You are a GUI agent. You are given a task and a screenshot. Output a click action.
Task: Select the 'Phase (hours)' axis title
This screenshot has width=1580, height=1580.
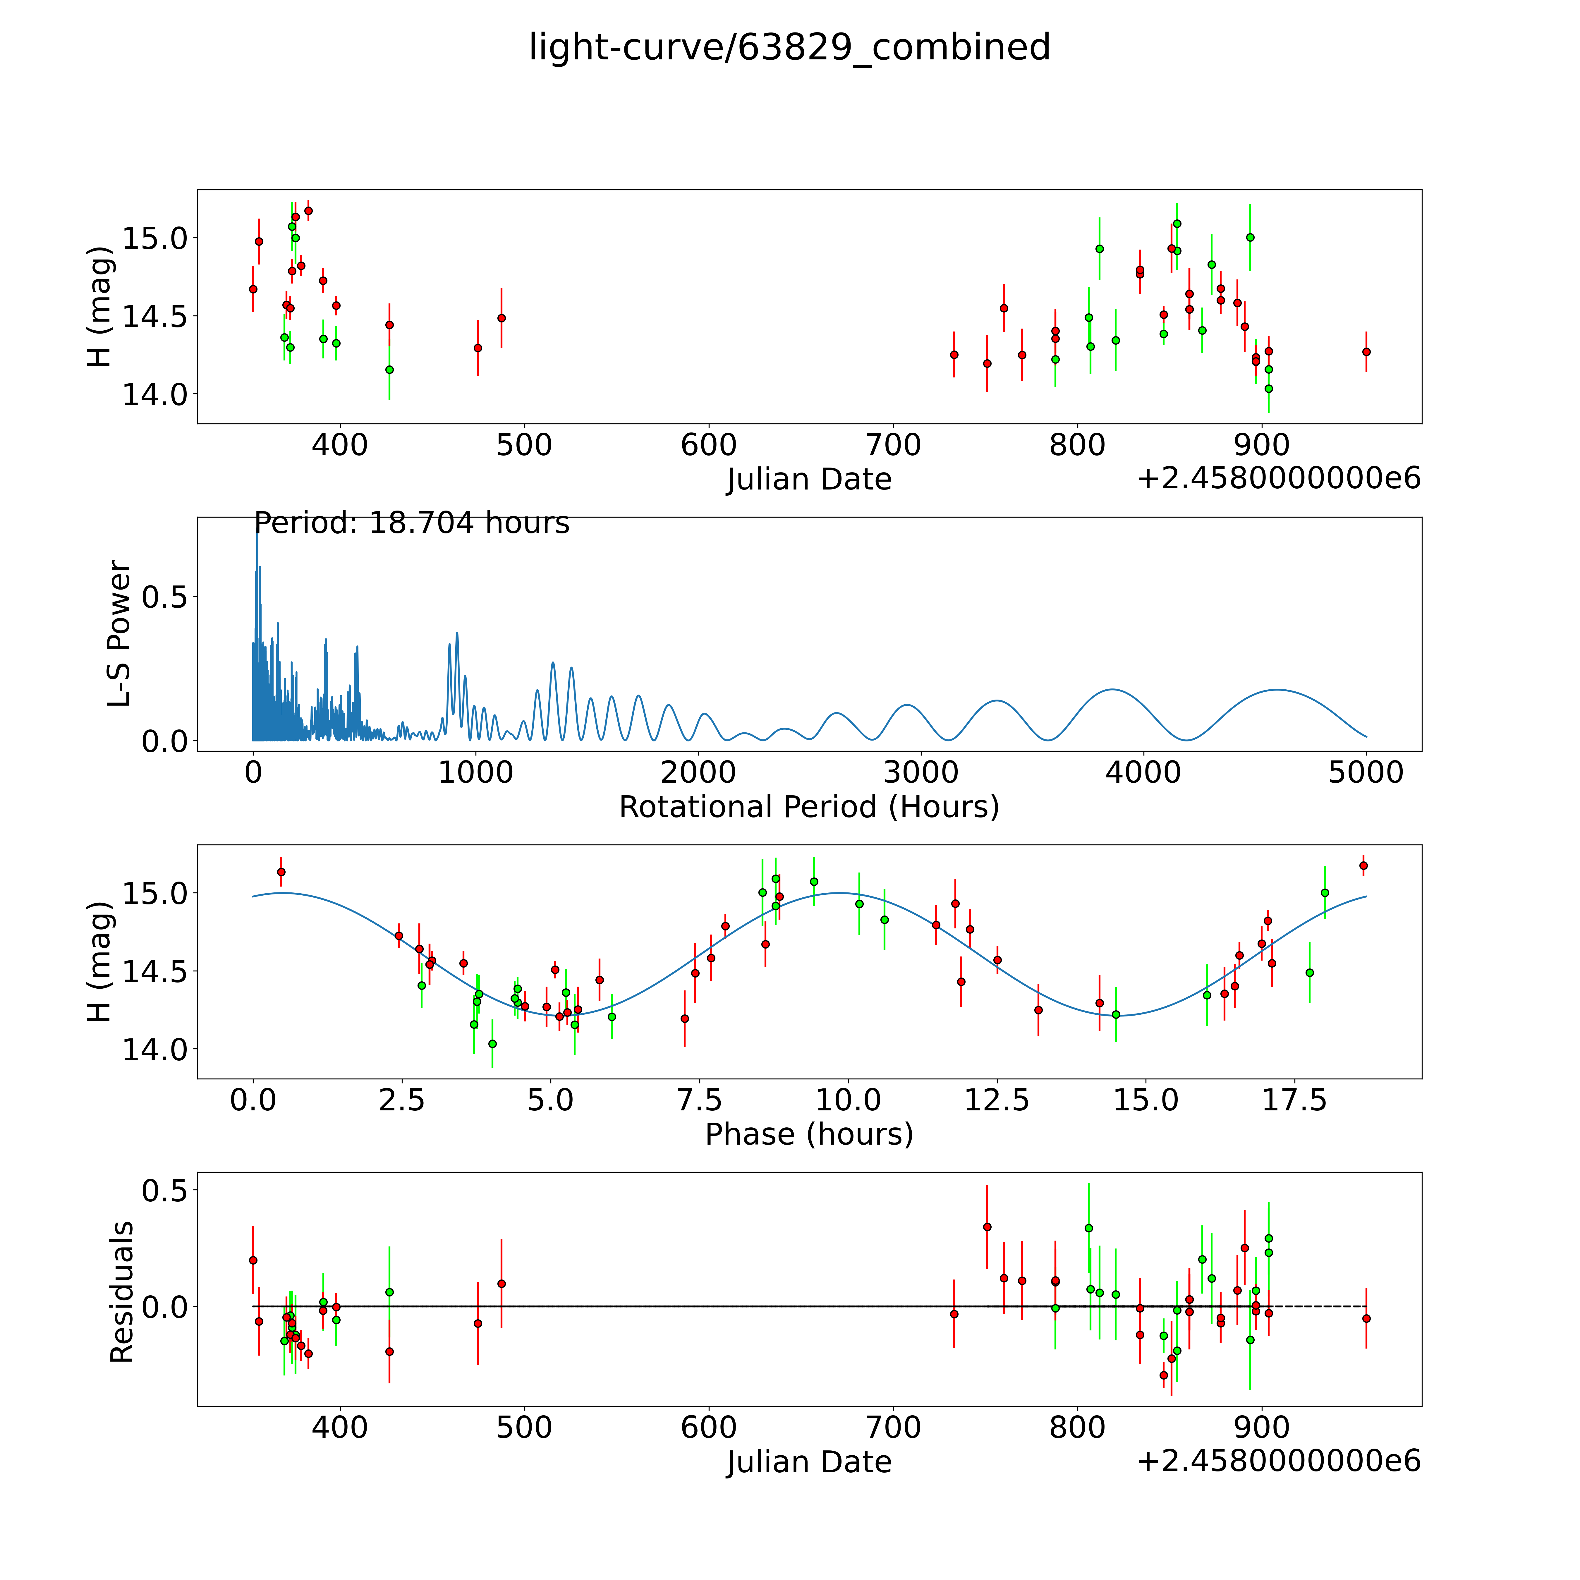point(809,1134)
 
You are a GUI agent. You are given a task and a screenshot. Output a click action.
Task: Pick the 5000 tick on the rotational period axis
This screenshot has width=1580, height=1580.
point(1366,772)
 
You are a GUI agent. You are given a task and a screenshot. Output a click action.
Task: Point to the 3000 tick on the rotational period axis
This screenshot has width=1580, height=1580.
point(921,772)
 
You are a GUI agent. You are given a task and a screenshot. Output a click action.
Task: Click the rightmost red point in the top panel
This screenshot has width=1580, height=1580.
point(1366,352)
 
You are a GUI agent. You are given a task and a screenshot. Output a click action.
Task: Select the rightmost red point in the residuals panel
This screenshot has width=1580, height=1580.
point(1366,1318)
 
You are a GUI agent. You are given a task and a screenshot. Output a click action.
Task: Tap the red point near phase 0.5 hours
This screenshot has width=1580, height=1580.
point(281,872)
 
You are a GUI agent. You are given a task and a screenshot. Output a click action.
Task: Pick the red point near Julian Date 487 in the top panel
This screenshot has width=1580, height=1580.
point(501,318)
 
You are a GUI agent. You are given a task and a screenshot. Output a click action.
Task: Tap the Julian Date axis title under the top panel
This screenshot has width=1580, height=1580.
point(809,479)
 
